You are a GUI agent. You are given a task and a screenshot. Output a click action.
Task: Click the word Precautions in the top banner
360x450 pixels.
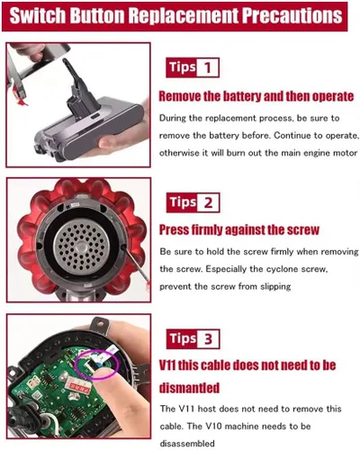pos(292,15)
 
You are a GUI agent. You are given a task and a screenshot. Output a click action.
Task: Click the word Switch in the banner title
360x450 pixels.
pos(37,15)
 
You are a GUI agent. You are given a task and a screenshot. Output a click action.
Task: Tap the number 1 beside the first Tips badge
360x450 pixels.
pos(208,67)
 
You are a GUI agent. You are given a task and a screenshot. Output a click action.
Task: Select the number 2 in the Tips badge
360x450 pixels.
pos(208,202)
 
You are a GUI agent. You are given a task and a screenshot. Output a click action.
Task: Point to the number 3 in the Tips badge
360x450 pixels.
pos(208,338)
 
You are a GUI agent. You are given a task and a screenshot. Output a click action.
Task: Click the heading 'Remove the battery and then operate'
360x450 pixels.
pos(256,96)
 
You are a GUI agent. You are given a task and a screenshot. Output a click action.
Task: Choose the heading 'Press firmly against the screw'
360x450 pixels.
pos(239,229)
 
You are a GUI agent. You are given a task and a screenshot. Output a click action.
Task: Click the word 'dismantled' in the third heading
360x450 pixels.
pos(189,388)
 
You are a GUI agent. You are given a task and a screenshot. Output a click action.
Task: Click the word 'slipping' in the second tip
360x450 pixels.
pos(275,287)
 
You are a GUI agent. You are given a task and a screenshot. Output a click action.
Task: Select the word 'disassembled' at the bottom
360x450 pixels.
pos(187,443)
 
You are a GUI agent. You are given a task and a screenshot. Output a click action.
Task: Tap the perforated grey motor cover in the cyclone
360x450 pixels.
pos(82,246)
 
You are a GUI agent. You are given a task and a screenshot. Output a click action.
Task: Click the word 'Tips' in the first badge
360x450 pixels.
pos(182,67)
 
